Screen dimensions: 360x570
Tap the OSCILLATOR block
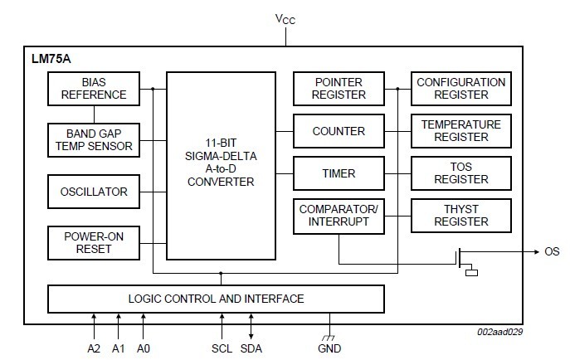click(93, 192)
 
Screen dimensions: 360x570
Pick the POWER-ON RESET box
click(93, 241)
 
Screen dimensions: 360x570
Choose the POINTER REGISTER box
click(339, 89)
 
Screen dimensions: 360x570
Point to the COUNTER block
click(339, 131)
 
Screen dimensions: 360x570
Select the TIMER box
click(339, 173)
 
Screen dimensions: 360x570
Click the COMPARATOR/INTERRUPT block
click(339, 216)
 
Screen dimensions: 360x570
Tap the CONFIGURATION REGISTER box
click(460, 89)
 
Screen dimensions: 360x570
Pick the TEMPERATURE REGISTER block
click(460, 131)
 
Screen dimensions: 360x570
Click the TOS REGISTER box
click(460, 173)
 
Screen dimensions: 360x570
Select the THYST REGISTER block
click(460, 216)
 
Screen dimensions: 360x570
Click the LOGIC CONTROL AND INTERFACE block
click(216, 299)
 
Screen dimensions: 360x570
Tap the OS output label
click(552, 251)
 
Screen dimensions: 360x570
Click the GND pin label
click(329, 349)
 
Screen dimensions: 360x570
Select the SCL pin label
click(222, 349)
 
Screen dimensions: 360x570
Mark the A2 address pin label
click(94, 349)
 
